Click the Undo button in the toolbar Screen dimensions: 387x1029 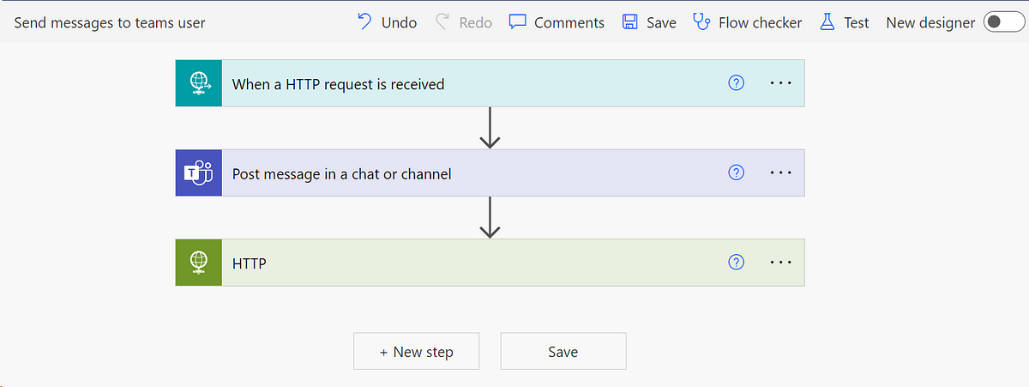[x=387, y=22]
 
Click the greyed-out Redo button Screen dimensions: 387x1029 [x=464, y=22]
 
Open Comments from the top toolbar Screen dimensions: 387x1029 [x=557, y=22]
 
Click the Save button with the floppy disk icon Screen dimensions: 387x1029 [x=649, y=22]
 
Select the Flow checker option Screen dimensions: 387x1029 [x=748, y=22]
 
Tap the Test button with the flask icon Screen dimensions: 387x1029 [x=845, y=22]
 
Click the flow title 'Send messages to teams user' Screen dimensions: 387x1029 [x=110, y=22]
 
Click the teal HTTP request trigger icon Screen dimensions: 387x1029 [x=199, y=83]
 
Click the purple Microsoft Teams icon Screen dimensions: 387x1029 [x=199, y=172]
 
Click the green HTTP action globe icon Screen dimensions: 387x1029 [x=199, y=262]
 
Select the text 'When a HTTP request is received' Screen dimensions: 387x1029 [x=338, y=84]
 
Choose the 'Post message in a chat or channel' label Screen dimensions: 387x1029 [x=341, y=173]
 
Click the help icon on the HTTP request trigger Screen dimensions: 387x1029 [x=736, y=83]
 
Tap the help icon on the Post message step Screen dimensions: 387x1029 [x=736, y=172]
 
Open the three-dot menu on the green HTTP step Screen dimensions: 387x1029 [x=780, y=262]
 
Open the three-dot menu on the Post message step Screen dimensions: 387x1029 [x=780, y=172]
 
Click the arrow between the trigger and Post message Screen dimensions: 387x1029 [x=490, y=128]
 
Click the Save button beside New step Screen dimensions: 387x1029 [x=563, y=352]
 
